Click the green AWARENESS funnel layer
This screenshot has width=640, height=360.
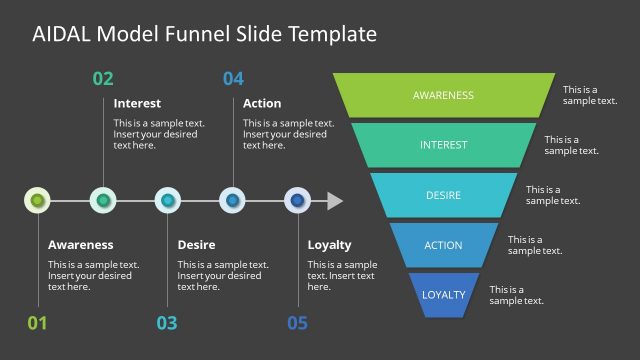(x=443, y=95)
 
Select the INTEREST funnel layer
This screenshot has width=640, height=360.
(x=443, y=145)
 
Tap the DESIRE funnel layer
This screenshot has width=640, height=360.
(x=443, y=195)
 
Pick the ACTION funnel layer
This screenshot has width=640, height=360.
(x=443, y=245)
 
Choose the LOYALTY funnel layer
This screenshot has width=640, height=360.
(x=443, y=295)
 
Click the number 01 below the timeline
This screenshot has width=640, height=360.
(x=37, y=322)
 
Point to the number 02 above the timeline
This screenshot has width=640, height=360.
(x=103, y=79)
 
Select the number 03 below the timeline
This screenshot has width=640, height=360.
(x=167, y=322)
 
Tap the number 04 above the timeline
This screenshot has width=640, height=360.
(x=233, y=79)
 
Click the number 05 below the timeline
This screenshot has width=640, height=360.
(x=297, y=322)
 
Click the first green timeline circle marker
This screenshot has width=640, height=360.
(x=37, y=200)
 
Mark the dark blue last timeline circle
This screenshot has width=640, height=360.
(x=297, y=200)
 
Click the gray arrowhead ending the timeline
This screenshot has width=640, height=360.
(x=335, y=201)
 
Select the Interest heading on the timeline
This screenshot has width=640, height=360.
(x=137, y=103)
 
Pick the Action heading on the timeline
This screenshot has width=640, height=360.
(x=262, y=103)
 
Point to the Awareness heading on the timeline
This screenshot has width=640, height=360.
(x=80, y=244)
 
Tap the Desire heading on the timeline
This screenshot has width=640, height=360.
(x=196, y=244)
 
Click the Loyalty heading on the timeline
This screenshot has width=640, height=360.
(x=329, y=244)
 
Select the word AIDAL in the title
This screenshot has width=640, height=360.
(x=62, y=34)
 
